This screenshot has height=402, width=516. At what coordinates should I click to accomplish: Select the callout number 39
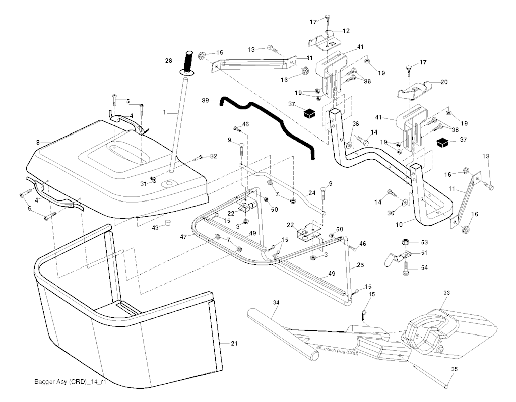pos(205,101)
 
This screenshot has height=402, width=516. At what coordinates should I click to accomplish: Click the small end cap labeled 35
pos(447,386)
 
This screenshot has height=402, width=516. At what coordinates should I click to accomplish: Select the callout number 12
pos(346,31)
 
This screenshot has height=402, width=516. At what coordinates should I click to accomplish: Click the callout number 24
pos(311,192)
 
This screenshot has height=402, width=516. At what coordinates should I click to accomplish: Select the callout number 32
pos(214,156)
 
